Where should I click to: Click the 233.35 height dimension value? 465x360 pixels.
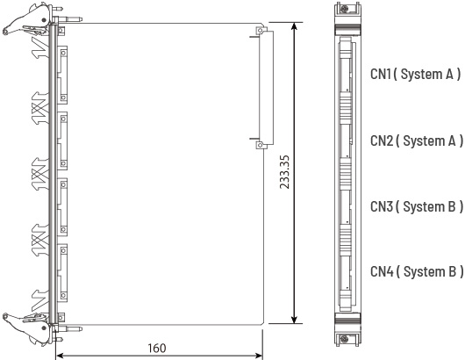pos(284,172)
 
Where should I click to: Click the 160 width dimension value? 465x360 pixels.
pos(157,348)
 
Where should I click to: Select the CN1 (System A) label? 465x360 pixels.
pos(416,75)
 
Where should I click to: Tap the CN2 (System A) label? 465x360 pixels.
pos(417,140)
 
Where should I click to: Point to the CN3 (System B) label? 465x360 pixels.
pos(417,206)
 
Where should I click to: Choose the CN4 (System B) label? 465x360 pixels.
pos(417,271)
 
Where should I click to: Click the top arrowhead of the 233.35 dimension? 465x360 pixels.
pos(294,26)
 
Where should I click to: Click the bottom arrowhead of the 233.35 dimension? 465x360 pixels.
pos(294,320)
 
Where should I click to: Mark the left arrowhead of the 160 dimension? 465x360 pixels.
pos(61,356)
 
